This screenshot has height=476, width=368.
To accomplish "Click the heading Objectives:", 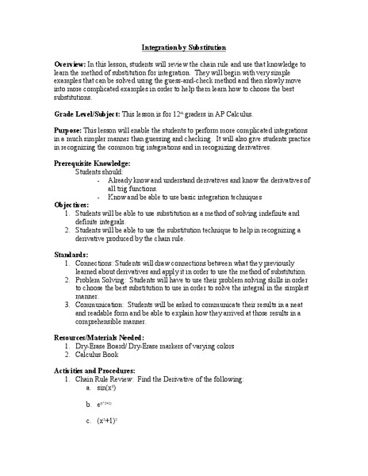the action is pos(73,204).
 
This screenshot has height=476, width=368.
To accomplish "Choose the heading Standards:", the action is pos(71,254).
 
